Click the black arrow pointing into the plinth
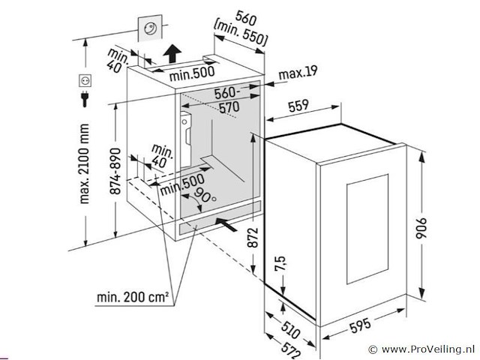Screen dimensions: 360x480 pyautogui.click(x=228, y=223)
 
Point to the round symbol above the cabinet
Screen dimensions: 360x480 pyautogui.click(x=150, y=29)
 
